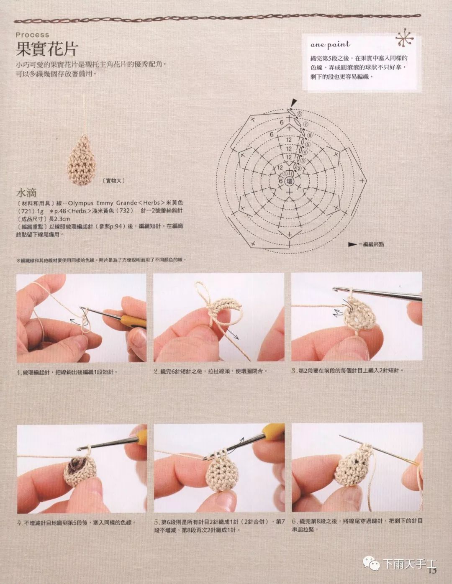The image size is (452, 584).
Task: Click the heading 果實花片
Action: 47,49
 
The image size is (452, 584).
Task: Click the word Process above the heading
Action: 33,35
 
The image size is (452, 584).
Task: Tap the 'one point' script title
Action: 330,44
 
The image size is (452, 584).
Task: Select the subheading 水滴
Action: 26,193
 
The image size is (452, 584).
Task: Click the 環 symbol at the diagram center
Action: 289,182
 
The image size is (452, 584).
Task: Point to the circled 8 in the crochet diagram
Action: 299,114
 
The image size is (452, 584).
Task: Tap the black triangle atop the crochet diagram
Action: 293,101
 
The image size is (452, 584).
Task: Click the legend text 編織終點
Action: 373,244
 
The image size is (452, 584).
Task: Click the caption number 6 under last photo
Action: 294,521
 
